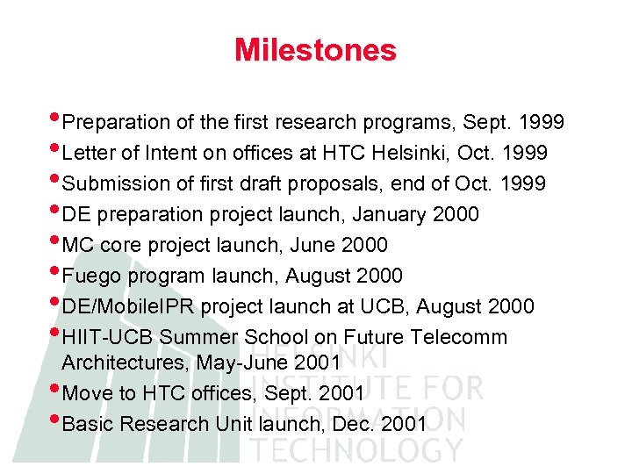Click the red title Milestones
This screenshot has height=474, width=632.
click(x=315, y=50)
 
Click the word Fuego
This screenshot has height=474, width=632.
click(x=93, y=276)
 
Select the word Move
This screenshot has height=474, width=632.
click(x=87, y=393)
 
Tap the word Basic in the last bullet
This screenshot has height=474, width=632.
click(x=87, y=424)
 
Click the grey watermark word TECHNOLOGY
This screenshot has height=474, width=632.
click(x=356, y=449)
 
